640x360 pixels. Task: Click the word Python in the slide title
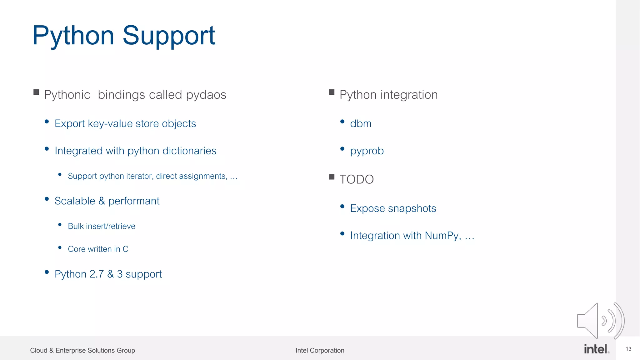point(73,36)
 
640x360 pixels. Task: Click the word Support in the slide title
point(169,36)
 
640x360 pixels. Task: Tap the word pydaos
point(206,95)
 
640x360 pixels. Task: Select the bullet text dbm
point(361,124)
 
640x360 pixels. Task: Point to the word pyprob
point(367,151)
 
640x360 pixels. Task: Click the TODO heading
point(357,179)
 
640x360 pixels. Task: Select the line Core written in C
point(98,249)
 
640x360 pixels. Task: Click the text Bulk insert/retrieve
point(102,226)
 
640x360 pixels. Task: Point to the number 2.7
point(96,274)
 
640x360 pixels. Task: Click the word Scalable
point(75,201)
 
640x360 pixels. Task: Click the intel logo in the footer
point(596,349)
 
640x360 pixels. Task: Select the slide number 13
point(628,349)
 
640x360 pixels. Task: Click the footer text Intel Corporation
point(320,351)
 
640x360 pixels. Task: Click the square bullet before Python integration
point(332,92)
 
